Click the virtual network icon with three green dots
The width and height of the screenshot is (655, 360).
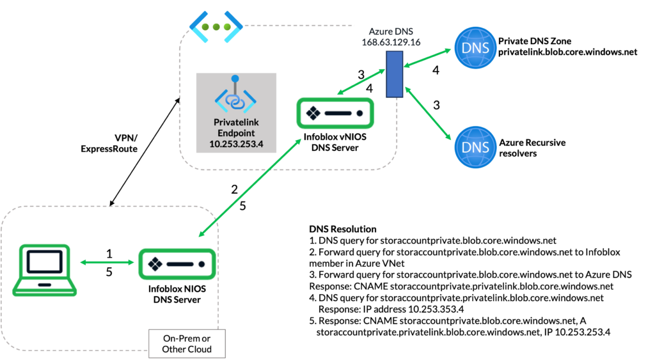click(217, 27)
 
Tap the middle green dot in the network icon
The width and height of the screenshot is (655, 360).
click(217, 27)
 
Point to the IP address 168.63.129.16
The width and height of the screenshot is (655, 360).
click(390, 43)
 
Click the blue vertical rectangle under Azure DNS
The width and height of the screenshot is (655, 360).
click(394, 74)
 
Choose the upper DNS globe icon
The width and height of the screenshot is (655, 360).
click(475, 49)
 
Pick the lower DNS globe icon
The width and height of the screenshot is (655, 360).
click(475, 148)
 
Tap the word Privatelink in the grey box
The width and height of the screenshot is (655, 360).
click(236, 121)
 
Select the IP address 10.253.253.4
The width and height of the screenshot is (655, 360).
click(236, 145)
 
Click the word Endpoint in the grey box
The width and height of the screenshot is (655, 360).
click(236, 133)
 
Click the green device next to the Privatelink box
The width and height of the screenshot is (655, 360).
click(335, 113)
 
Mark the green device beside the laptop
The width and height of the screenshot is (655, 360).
click(177, 263)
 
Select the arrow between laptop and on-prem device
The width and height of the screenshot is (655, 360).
click(107, 263)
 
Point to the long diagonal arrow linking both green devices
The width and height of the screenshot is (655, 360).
click(251, 187)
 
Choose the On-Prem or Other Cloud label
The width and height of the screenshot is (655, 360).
click(187, 343)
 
